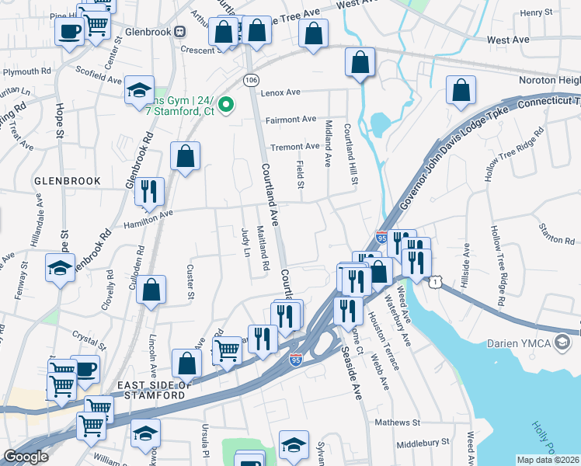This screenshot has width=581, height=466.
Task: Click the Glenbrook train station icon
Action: [180, 31]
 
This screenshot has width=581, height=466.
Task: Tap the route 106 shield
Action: [250, 80]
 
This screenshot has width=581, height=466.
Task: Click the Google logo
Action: [26, 457]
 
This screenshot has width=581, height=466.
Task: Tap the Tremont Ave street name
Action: [295, 146]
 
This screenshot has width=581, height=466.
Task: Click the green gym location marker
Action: [227, 104]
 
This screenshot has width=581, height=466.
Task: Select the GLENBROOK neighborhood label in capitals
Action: [68, 181]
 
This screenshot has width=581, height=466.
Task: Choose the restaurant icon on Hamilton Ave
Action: [149, 192]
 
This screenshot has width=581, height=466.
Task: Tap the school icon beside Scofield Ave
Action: [140, 90]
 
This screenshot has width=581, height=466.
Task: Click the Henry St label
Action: [536, 12]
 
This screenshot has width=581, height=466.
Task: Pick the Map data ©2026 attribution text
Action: [548, 460]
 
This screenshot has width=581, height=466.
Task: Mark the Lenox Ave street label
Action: [281, 92]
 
